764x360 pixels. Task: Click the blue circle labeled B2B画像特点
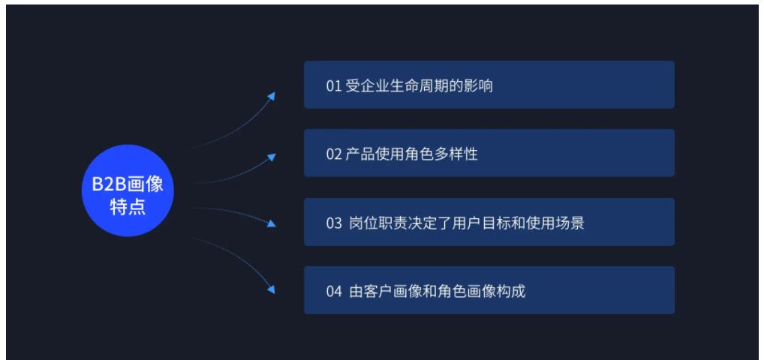click(128, 190)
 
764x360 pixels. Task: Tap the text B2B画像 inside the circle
click(128, 184)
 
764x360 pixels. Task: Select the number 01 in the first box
click(334, 86)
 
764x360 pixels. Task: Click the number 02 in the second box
click(334, 154)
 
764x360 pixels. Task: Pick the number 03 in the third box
click(334, 223)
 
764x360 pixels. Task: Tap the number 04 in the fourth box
click(334, 292)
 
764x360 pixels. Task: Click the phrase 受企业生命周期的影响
click(419, 86)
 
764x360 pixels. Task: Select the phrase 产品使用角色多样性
click(412, 154)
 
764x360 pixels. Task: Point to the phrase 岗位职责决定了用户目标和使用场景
click(467, 223)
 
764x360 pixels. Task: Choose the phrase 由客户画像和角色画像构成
click(437, 292)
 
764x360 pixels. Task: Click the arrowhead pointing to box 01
click(272, 95)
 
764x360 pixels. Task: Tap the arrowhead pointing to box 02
click(272, 157)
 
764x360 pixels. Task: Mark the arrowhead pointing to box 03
click(272, 223)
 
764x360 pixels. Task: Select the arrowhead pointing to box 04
click(272, 289)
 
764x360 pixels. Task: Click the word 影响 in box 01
click(478, 86)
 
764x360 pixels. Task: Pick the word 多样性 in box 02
click(456, 154)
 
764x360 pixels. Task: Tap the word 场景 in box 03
click(570, 223)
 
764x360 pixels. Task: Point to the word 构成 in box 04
click(510, 292)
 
